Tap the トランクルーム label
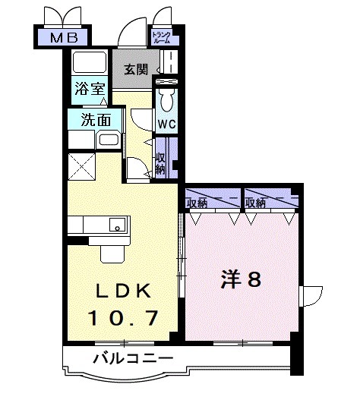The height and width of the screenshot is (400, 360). pos(162,37)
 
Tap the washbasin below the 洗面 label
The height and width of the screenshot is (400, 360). pos(109,140)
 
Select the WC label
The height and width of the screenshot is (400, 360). pos(167,122)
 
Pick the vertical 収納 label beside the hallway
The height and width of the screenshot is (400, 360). pos(161,163)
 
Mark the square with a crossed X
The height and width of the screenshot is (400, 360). pos(81,165)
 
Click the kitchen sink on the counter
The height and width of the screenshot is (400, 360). pos(117,224)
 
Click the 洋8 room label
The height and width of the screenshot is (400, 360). pos(242,279)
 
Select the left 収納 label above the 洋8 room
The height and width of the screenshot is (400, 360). pos(197,203)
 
